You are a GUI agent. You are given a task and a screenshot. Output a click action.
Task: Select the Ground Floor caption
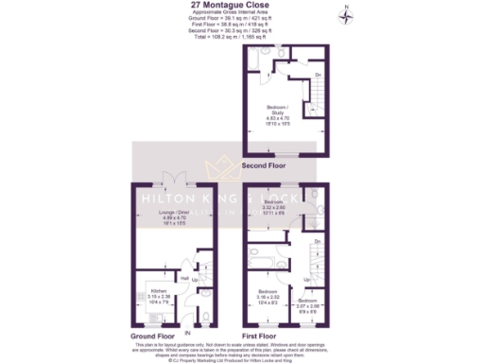(x=152, y=336)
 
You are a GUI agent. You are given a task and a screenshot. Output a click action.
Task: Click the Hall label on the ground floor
(x=185, y=279)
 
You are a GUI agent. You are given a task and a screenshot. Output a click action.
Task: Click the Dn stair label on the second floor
(x=318, y=74)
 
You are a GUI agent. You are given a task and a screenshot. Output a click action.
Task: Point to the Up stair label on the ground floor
(x=196, y=281)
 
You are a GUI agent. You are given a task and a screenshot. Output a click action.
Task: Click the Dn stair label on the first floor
(x=318, y=242)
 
